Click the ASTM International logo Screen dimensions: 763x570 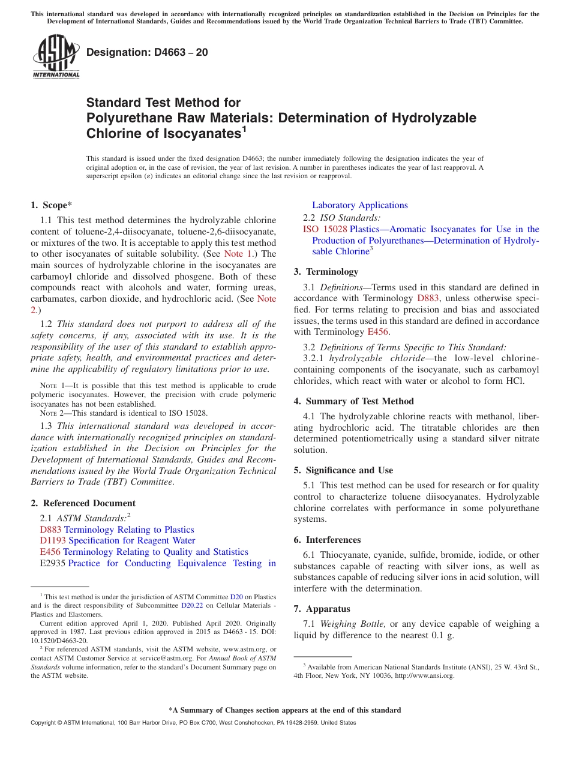(x=56, y=57)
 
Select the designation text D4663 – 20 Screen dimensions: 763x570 (x=147, y=52)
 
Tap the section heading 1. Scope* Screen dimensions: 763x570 (x=52, y=205)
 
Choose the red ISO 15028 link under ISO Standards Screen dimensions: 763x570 (x=325, y=229)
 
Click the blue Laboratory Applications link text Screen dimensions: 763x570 (x=359, y=205)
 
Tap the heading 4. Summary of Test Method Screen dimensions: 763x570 (x=353, y=401)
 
